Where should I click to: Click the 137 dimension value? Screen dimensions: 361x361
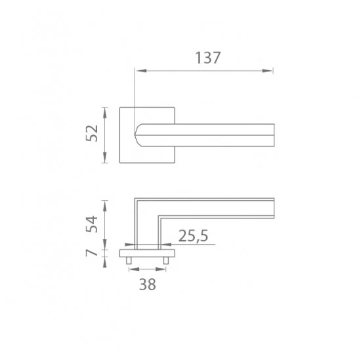pyautogui.click(x=208, y=58)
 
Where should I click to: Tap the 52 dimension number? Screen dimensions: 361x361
pyautogui.click(x=92, y=133)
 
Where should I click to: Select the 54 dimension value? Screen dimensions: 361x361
pyautogui.click(x=92, y=224)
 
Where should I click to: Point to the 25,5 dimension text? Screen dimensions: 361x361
pyautogui.click(x=193, y=236)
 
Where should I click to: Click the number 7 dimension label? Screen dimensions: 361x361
pyautogui.click(x=92, y=253)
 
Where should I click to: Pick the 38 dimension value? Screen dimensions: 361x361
pyautogui.click(x=148, y=284)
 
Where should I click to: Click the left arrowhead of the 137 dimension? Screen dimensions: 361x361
pyautogui.click(x=141, y=71)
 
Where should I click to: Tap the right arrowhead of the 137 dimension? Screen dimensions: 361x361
pyautogui.click(x=267, y=71)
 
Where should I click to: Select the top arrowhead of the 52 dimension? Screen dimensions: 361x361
pyautogui.click(x=105, y=113)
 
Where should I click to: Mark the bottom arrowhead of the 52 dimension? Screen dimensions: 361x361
pyautogui.click(x=105, y=158)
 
